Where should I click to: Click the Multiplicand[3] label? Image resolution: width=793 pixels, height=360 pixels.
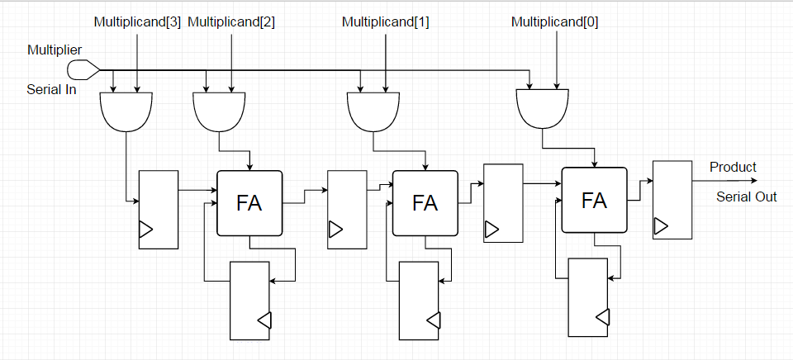coord(137,21)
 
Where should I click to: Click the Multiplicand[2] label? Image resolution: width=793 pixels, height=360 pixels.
coord(231,21)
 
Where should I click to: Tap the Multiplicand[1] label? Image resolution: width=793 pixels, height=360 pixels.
coord(386,21)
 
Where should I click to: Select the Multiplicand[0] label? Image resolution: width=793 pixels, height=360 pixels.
coord(555,21)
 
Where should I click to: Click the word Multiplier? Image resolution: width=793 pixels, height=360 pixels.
coord(55,51)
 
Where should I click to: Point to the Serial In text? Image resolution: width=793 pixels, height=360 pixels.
coord(51,89)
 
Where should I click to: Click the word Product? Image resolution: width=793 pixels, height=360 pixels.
coord(733,168)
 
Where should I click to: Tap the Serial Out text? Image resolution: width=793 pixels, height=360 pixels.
coord(746,197)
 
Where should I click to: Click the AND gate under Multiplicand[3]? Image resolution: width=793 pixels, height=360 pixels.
coord(126,111)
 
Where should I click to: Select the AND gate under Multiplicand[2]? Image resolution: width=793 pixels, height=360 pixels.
coord(219,111)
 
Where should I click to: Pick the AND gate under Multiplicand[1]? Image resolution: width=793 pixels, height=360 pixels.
coord(374,111)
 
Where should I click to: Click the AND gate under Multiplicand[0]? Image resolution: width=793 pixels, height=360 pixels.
coord(543,108)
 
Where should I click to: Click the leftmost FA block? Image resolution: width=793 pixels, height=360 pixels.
coord(249,203)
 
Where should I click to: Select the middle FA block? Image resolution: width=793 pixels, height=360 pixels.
coord(425,203)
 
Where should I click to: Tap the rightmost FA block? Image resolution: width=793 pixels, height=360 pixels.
coord(594,200)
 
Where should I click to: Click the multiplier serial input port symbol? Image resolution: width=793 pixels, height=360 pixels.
coord(83,69)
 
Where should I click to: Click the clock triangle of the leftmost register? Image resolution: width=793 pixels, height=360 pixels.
coord(145,230)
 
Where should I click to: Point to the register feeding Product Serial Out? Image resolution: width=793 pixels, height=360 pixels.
coord(671,200)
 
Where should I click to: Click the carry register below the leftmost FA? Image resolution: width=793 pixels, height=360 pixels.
coord(250,301)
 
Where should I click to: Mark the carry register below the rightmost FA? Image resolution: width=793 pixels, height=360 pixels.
coord(589,296)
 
